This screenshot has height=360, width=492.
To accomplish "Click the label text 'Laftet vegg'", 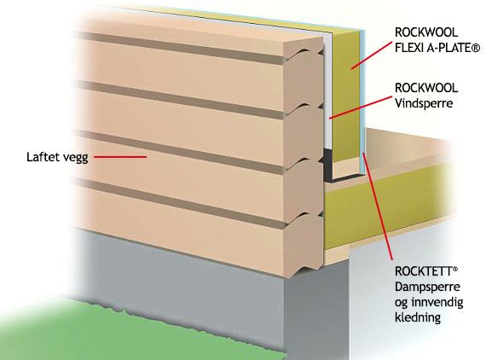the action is pos(57,158).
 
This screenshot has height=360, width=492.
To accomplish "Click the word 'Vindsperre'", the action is pos(424,103).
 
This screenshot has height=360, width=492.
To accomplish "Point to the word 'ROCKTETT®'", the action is pos(426,271).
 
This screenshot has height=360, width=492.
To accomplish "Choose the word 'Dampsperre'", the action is pos(427,287).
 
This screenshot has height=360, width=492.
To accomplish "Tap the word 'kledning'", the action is pos(418,317).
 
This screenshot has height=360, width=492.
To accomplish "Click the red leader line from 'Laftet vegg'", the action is pos(120,157).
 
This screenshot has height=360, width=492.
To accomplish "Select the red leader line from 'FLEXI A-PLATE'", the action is pos(372,55).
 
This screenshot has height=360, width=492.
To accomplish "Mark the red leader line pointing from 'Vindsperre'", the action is pos(361,107).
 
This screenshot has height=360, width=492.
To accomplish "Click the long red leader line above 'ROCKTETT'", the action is pos(378,206).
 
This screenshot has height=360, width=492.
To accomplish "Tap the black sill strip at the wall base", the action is pos(328,165).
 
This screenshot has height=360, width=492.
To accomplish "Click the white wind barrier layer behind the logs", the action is pos(327,91).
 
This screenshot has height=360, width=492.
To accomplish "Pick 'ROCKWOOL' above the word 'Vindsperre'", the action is pos(426,88).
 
